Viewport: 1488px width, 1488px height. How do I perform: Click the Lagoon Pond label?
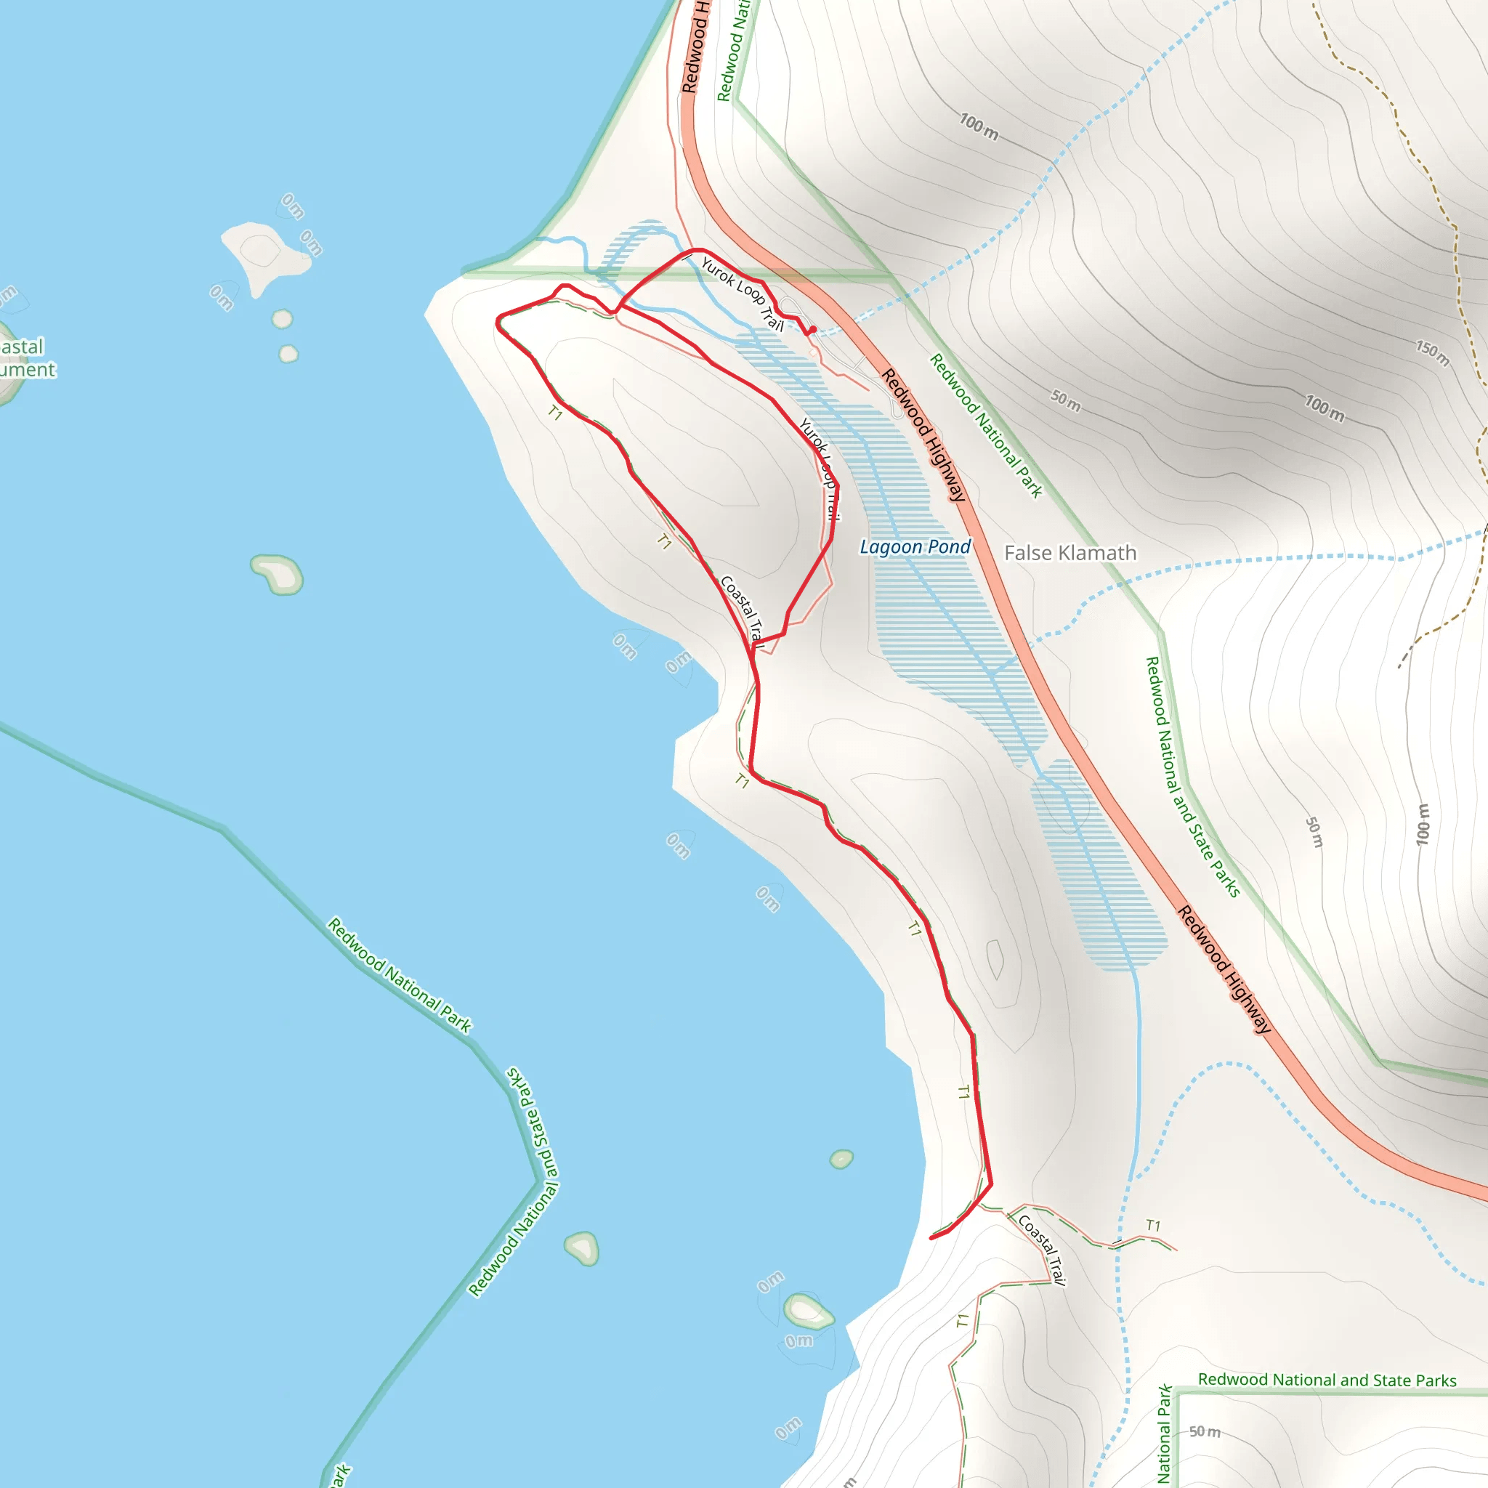[915, 547]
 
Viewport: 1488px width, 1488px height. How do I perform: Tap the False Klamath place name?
[1069, 553]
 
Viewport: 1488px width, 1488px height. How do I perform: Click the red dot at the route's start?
[812, 330]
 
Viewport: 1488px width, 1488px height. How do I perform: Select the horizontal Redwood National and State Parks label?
[1327, 1380]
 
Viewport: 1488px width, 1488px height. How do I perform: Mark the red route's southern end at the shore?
[933, 1237]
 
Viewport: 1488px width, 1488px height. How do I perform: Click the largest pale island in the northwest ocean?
[264, 254]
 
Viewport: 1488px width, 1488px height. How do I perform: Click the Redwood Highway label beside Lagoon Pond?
[923, 435]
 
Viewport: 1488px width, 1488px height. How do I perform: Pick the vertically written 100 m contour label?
[1423, 823]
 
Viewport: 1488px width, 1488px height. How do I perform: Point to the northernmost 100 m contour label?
[978, 126]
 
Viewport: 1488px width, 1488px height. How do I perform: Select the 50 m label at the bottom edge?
[1205, 1432]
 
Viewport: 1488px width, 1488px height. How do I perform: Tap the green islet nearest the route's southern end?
[841, 1159]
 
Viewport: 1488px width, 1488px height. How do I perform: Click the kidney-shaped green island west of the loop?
[278, 574]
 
